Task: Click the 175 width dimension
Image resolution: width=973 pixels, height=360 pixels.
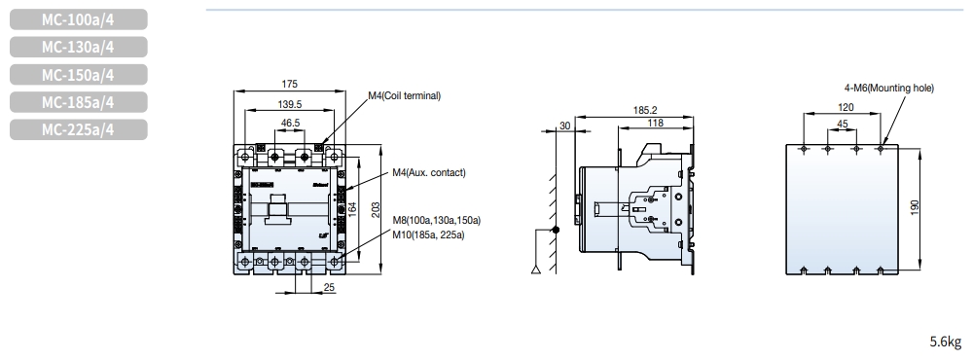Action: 290,85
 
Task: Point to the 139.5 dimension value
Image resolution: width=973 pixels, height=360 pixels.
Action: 290,103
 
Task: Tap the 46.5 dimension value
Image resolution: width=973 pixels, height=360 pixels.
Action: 290,124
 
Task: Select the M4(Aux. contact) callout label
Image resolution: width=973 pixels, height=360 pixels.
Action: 429,172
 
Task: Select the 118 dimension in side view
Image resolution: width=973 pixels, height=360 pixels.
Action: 656,123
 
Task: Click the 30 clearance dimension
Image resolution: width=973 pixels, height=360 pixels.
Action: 565,125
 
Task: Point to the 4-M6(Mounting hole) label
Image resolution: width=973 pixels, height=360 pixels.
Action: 888,87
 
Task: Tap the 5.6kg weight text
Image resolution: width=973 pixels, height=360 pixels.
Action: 945,342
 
